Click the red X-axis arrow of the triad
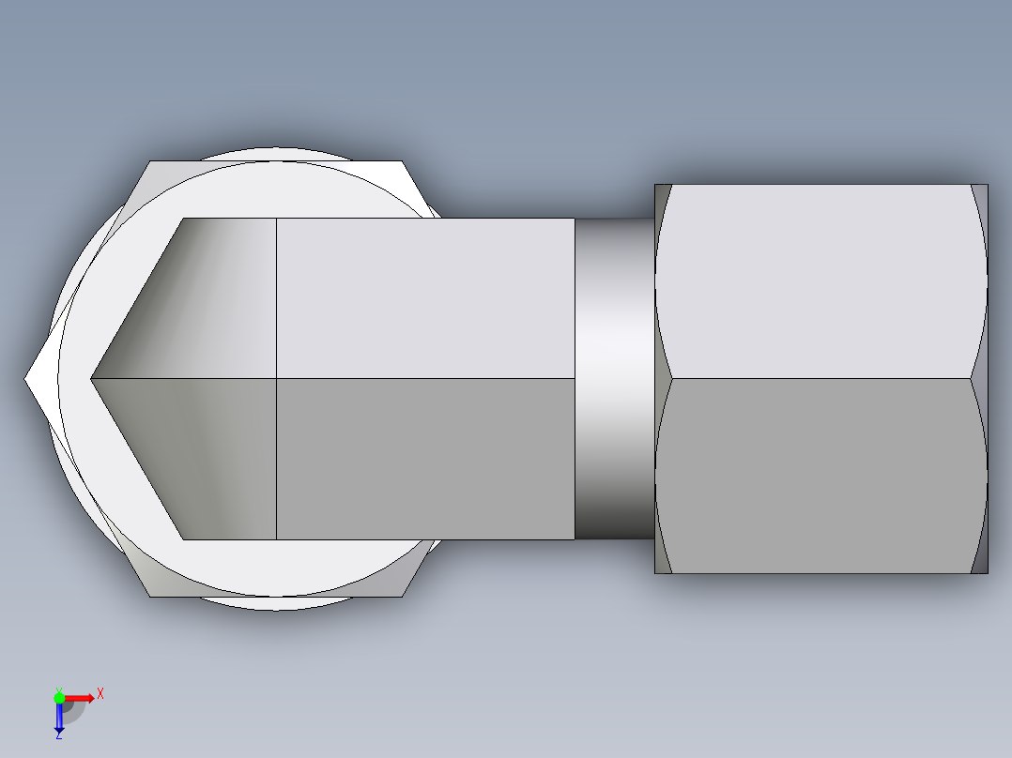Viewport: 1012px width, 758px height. [79, 698]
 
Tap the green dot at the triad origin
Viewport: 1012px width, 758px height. [59, 697]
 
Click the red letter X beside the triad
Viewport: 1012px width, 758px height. [100, 693]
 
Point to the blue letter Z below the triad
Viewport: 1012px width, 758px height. [58, 735]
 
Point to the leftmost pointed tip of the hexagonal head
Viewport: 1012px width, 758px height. [26, 379]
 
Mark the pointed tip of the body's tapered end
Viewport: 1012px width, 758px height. [92, 379]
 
